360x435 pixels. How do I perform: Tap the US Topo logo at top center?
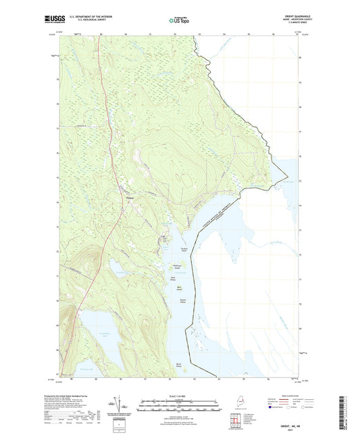click(174, 21)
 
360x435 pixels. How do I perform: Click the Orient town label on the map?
click(130, 197)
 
